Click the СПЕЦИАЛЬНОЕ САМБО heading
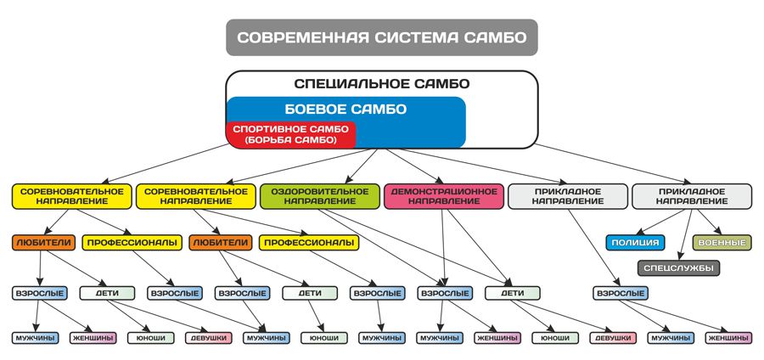[382, 84]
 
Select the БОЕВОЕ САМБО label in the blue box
[345, 110]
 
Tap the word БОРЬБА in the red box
[272, 140]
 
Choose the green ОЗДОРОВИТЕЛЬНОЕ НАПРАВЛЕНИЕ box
[320, 196]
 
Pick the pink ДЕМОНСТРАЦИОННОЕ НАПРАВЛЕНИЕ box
[443, 196]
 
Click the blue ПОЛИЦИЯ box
[635, 242]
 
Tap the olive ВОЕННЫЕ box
[722, 242]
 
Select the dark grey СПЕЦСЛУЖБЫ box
[678, 268]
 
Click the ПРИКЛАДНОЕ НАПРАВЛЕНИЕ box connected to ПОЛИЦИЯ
[692, 196]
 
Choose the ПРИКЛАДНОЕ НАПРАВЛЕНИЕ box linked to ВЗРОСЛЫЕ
[568, 196]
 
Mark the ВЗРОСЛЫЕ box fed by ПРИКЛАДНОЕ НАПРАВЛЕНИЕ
[621, 293]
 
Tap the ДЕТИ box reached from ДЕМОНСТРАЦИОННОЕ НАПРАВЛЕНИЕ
[512, 293]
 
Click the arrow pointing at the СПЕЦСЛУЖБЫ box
[685, 235]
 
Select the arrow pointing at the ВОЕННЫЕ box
[707, 222]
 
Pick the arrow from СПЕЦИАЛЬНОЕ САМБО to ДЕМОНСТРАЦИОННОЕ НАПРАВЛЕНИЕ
[413, 166]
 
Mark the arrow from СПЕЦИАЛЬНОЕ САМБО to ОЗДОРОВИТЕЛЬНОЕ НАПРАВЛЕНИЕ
[361, 166]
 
